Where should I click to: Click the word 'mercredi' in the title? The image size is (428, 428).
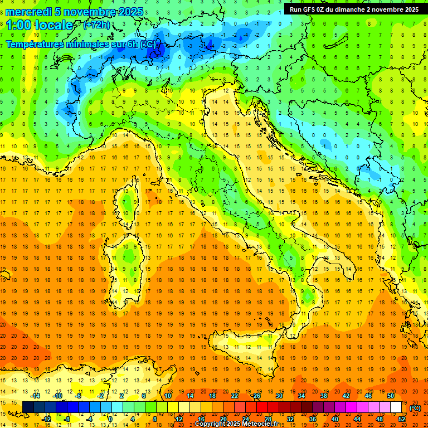tap(29, 12)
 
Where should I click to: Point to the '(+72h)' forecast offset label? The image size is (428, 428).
tap(96, 25)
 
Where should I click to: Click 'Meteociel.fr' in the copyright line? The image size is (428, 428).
tap(259, 424)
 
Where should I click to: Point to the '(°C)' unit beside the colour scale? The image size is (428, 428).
tap(415, 408)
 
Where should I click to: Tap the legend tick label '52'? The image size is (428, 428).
tap(401, 419)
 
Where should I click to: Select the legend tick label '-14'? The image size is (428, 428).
tap(36, 396)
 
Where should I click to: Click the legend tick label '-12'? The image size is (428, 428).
tap(47, 419)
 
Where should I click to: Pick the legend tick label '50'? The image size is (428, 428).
tap(390, 396)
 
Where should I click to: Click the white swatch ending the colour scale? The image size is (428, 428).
tap(396, 407)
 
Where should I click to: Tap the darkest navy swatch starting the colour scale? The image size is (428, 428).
tap(28, 407)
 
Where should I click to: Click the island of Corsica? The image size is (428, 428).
tap(129, 201)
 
